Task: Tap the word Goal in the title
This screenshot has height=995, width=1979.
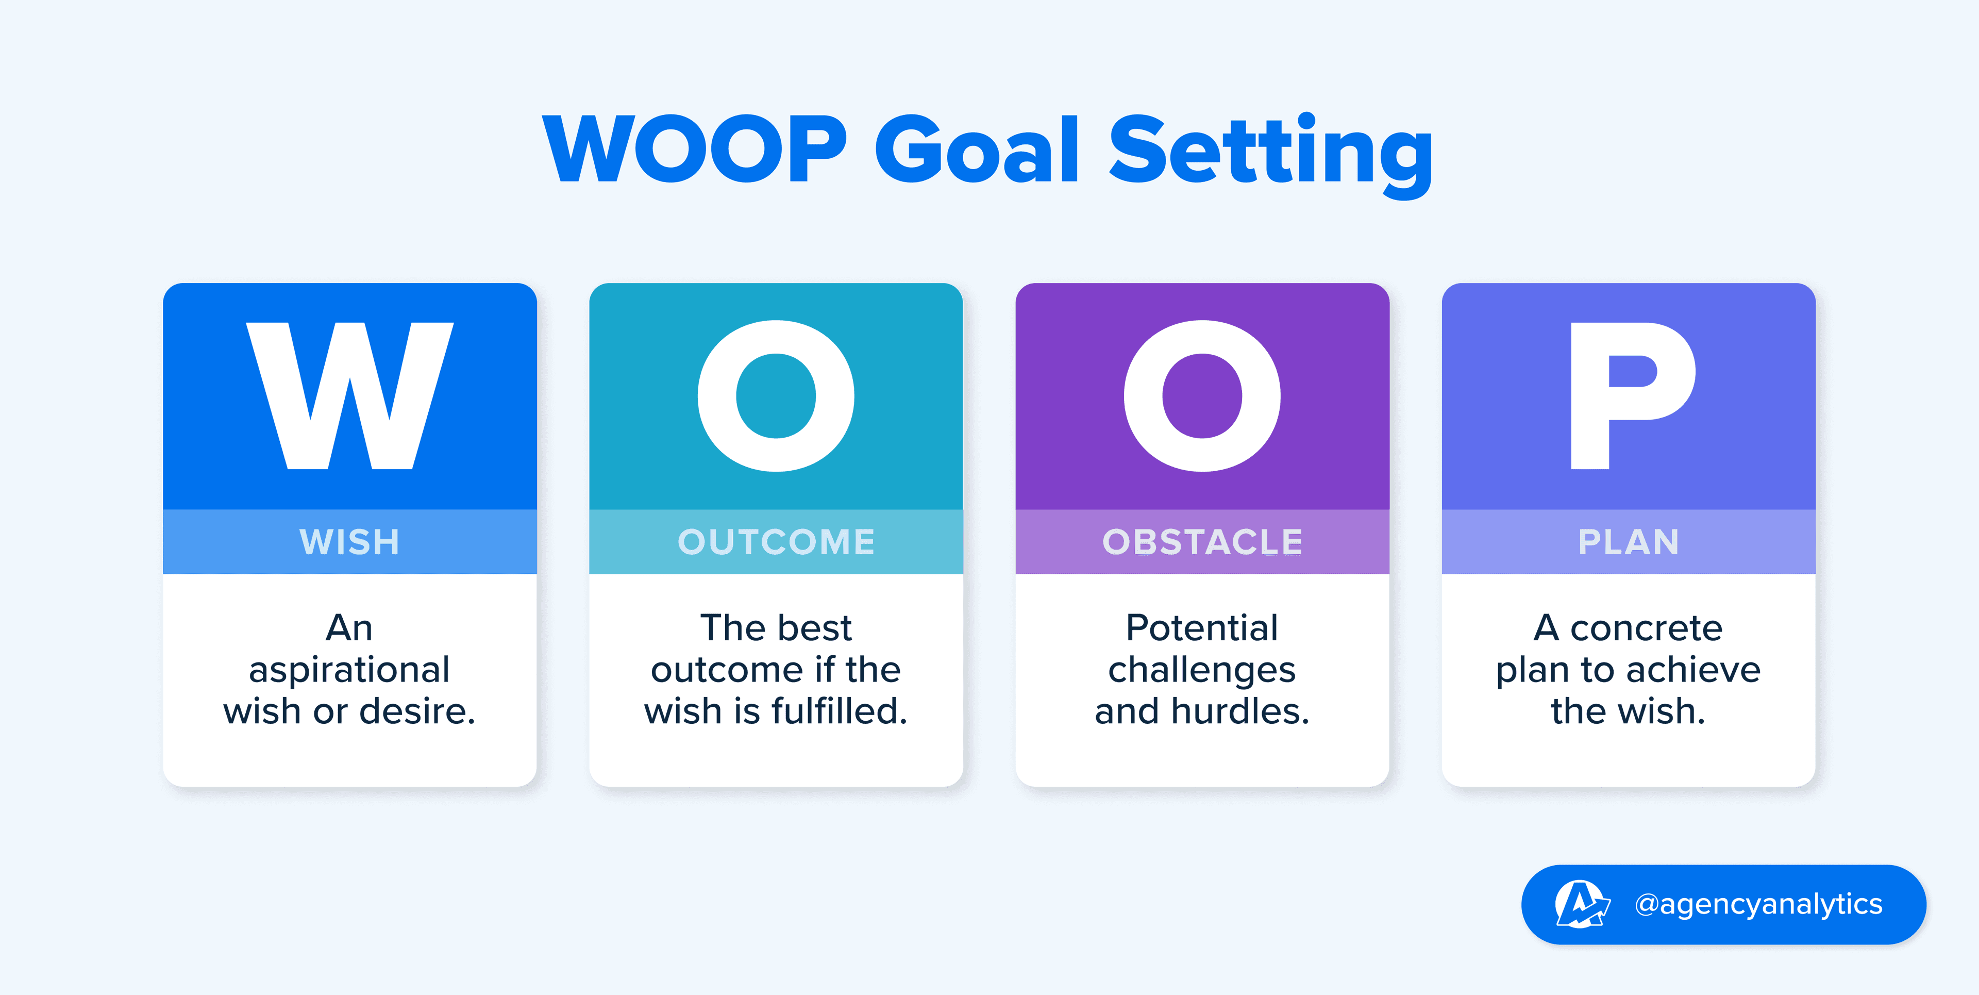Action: (x=977, y=150)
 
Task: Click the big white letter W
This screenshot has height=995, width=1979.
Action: (x=349, y=396)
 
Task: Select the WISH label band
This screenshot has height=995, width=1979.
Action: (x=349, y=542)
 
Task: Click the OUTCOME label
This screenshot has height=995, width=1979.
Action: (x=776, y=542)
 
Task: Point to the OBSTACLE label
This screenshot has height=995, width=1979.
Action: (x=1202, y=542)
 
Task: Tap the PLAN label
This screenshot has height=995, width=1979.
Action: (x=1629, y=542)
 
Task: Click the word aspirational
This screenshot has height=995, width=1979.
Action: (x=349, y=671)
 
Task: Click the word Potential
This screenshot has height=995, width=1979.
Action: (x=1202, y=628)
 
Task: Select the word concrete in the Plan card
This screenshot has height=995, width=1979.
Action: (x=1647, y=628)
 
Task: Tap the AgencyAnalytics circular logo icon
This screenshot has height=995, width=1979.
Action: (x=1580, y=904)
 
